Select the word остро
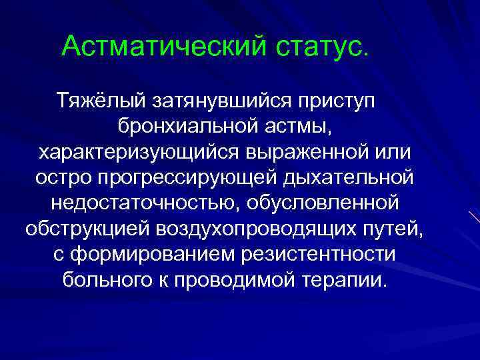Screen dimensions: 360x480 coord(59,178)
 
